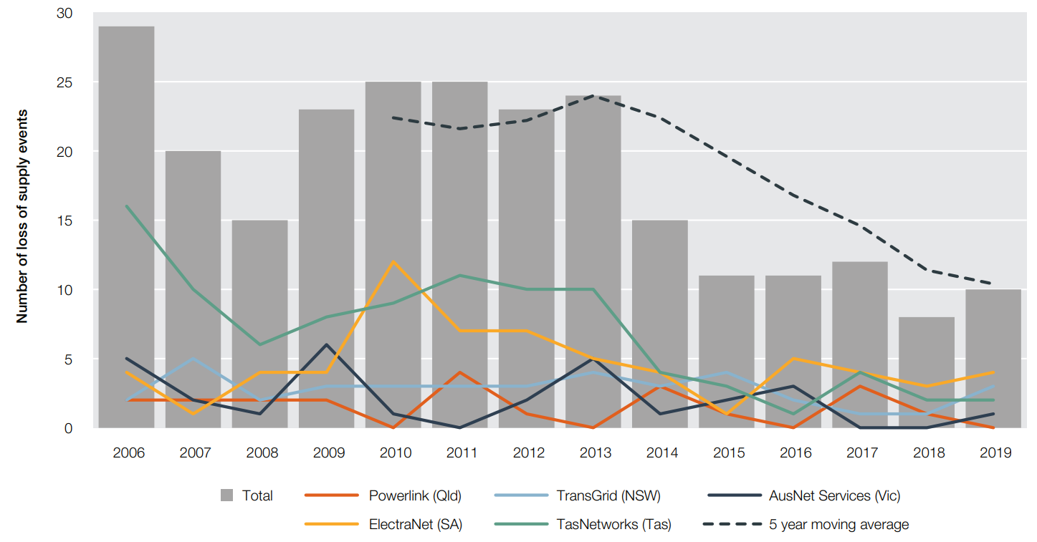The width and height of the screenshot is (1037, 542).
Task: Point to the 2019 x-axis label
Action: pos(994,453)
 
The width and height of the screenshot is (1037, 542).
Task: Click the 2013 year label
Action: pos(596,453)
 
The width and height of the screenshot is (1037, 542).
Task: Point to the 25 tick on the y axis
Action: pos(65,83)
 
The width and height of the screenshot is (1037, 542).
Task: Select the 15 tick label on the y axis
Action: pos(65,221)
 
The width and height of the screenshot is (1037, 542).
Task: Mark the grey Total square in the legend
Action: pos(227,495)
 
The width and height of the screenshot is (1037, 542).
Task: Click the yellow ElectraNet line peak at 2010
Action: pos(393,261)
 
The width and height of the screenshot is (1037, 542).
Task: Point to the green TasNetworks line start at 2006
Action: pos(127,206)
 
